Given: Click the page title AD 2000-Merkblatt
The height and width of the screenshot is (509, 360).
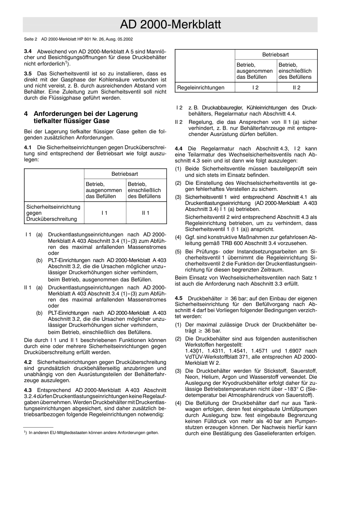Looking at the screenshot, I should coord(170,25).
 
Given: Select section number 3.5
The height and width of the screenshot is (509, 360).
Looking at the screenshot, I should coord(28,73).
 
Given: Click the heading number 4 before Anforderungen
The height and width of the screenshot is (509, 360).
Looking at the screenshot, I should coord(26,114).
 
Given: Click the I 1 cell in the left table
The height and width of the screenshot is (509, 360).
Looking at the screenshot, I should coord(105,213).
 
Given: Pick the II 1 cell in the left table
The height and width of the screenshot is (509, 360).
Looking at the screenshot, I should coord(146,213).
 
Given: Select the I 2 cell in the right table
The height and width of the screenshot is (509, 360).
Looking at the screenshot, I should coord(255,87).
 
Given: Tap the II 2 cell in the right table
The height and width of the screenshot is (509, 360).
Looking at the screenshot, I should coord(297,87).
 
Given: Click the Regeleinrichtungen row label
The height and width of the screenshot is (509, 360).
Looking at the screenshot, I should coord(201,87).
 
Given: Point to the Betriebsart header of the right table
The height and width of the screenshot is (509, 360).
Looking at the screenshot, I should coord(275,55).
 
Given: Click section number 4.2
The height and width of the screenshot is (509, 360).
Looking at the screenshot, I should coord(28,362).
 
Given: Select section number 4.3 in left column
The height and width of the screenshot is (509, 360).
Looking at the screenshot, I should coord(28,390).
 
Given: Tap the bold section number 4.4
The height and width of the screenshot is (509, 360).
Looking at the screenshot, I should coord(179,149).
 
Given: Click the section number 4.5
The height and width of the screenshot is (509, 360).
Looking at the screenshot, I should coord(179,298).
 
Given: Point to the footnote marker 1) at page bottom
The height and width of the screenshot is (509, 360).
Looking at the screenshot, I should coord(25,432).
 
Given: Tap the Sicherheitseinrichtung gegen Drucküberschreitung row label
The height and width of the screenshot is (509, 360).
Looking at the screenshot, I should coord(53,213).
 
